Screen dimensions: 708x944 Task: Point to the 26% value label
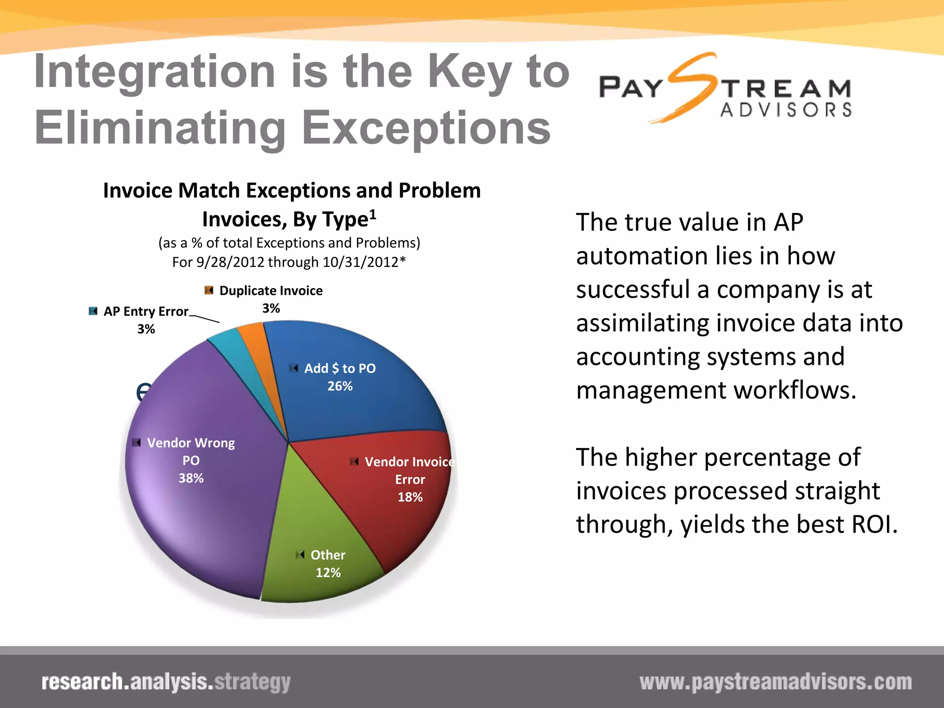pos(340,386)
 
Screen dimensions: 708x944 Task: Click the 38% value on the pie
pos(191,478)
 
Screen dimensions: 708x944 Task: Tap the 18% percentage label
pos(410,497)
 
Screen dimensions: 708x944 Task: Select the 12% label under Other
pos(328,572)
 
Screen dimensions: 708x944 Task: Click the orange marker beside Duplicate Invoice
pos(209,290)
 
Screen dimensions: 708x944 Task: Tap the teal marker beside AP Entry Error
pos(93,311)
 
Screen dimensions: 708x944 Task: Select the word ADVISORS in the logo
pos(785,110)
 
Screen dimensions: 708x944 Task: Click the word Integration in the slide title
pos(154,71)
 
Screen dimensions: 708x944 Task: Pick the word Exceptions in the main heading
pos(426,128)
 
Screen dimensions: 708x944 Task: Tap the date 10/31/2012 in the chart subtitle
pos(360,262)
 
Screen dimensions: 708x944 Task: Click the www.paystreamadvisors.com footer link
pos(775,682)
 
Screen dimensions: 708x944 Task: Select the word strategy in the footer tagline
pos(253,682)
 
